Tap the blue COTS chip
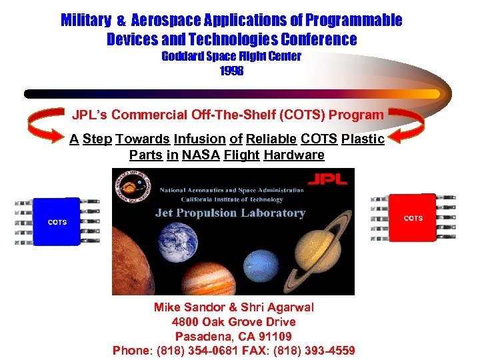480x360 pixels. (57, 222)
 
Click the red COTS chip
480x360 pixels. (413, 218)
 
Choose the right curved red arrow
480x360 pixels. (406, 127)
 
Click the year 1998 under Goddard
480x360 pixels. (231, 70)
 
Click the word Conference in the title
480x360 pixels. (316, 39)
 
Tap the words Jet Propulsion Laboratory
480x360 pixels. (230, 213)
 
